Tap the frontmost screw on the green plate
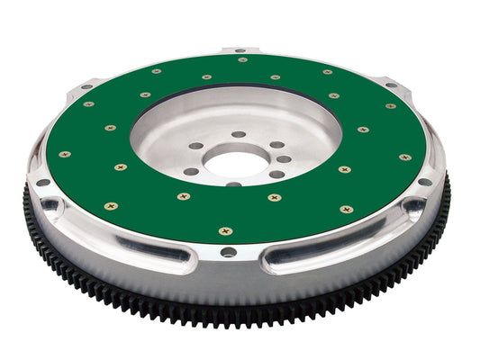point(225,231)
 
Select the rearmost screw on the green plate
point(242,59)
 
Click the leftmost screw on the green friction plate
point(64,154)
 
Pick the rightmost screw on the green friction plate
point(405,157)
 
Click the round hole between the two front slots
point(228,253)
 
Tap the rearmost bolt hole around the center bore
point(239,134)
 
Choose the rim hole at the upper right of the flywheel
point(391,85)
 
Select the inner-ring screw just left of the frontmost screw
point(183,196)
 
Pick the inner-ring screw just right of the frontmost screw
point(275,197)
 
